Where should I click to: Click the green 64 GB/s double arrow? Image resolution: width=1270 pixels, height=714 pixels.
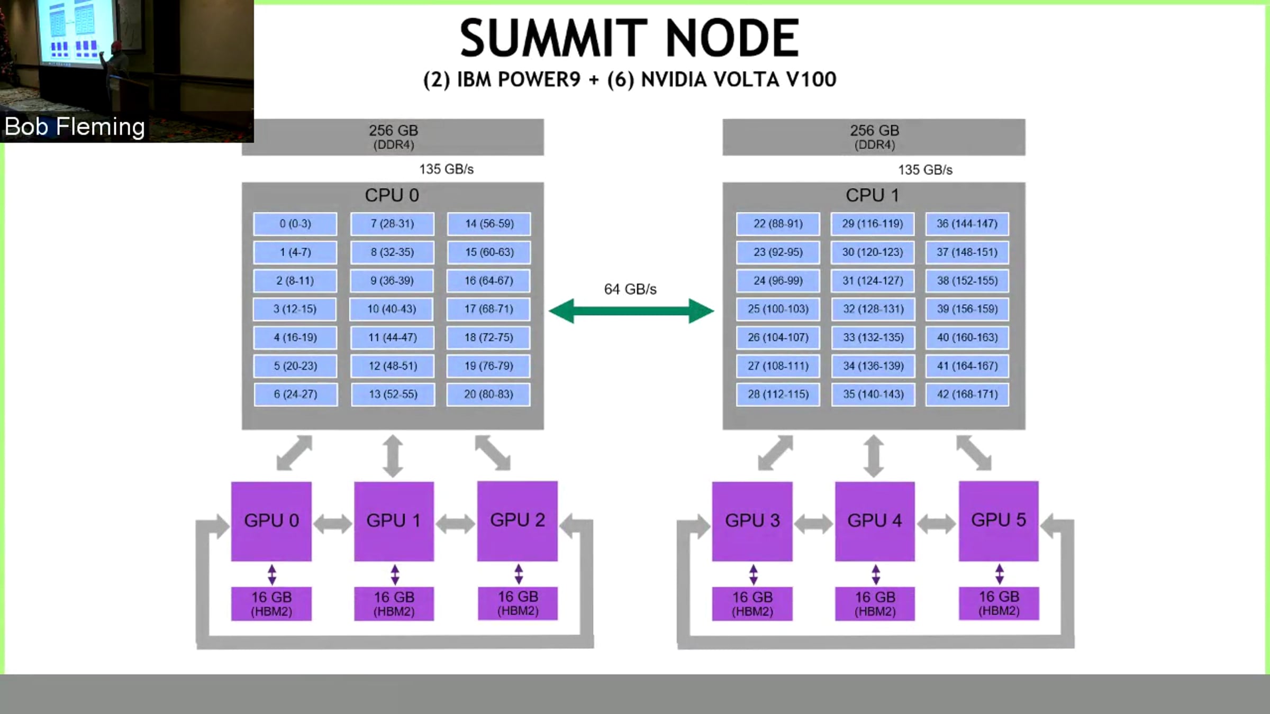631,311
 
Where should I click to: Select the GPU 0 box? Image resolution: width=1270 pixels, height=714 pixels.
271,521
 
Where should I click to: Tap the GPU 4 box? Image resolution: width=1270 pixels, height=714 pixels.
875,521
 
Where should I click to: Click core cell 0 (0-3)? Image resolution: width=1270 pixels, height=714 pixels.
295,224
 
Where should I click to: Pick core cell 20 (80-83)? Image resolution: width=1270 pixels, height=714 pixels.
488,395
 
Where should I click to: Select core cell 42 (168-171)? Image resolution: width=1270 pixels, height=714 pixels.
967,395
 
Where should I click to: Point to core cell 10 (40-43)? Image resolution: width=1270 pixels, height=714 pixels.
392,309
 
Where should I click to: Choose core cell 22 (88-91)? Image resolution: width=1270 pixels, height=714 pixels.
778,224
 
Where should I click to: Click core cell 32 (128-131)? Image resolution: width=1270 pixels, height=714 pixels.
873,309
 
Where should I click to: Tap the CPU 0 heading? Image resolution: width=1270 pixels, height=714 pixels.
392,195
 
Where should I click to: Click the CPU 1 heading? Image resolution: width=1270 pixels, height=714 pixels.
873,195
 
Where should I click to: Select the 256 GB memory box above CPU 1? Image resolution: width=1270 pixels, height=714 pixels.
874,137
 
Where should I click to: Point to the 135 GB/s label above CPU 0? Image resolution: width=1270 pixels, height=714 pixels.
446,169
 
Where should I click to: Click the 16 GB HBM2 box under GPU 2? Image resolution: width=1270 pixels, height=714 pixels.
518,603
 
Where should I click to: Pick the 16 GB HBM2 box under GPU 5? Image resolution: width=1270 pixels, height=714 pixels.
999,603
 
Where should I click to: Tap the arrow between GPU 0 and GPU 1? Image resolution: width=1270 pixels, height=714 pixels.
332,524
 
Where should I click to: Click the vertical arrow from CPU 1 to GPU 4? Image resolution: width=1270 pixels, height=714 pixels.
874,456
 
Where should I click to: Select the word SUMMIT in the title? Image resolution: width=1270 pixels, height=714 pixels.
554,38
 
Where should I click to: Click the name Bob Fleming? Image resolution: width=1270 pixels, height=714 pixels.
75,127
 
